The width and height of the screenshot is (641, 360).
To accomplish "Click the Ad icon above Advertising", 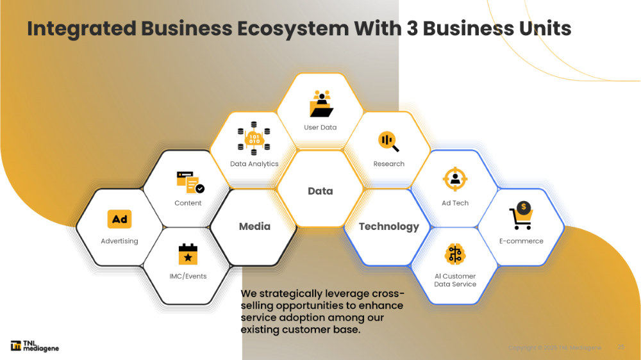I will tap(119, 220).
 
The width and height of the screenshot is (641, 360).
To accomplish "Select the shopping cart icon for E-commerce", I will tap(521, 216).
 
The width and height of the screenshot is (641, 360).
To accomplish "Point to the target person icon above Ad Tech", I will tap(455, 179).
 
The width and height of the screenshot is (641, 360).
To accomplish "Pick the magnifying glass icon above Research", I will tap(388, 141).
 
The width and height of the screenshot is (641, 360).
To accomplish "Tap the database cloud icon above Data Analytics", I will tap(254, 141).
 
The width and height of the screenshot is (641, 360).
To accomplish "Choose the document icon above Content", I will tap(189, 183).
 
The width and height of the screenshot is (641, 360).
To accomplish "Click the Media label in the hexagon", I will tap(254, 226).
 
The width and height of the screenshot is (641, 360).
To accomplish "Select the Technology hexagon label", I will tap(388, 226).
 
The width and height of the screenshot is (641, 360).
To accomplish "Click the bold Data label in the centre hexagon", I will tap(320, 191).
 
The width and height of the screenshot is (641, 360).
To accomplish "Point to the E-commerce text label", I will tap(521, 241).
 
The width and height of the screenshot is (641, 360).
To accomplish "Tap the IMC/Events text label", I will tap(188, 277).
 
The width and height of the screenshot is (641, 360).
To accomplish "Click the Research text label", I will tap(388, 164).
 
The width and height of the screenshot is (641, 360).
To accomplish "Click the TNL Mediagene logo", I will tap(35, 346).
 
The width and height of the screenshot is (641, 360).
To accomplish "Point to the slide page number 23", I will tap(620, 347).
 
